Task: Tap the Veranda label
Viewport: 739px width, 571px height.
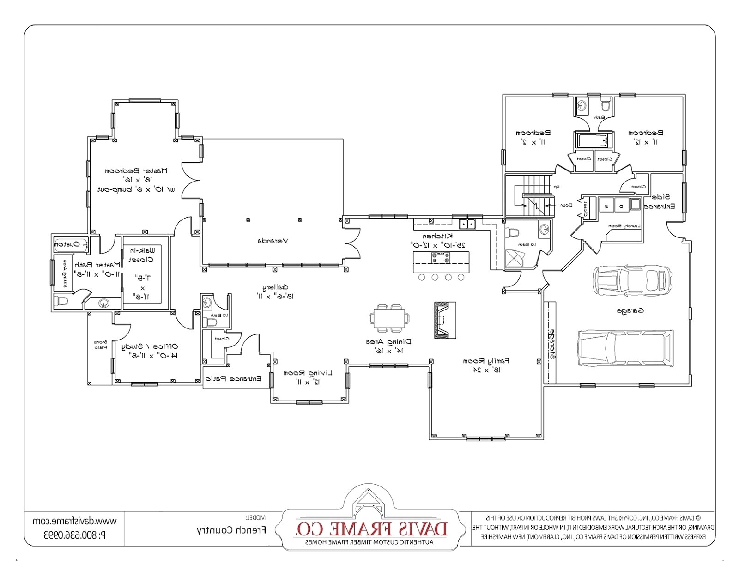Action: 273,241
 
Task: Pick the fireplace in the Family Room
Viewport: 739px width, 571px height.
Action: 445,320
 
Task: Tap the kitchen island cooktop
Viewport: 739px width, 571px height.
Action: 441,257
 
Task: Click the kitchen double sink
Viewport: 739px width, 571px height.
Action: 467,225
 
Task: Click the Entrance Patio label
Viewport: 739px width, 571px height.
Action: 233,379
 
